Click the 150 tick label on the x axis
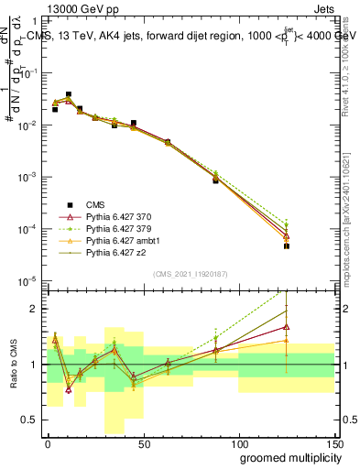[335, 442]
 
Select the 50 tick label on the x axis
[143, 442]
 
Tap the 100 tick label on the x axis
[239, 442]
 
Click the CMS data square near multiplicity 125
[287, 246]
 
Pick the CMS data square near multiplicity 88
[215, 180]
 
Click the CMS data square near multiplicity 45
[134, 123]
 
